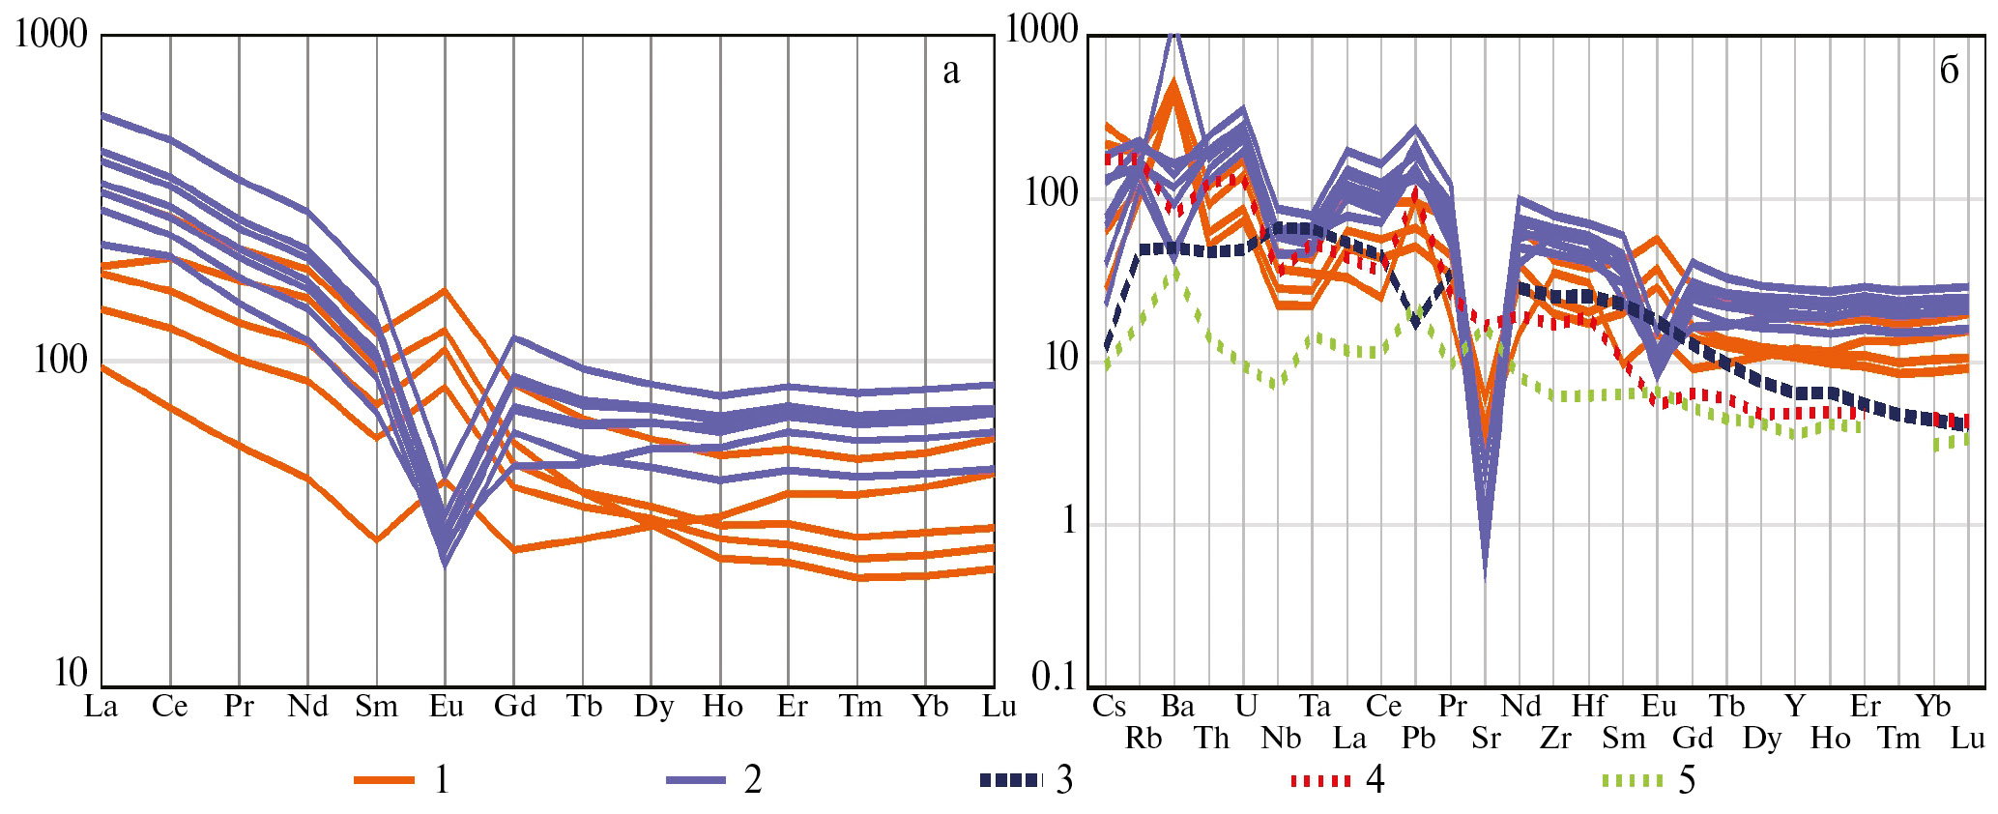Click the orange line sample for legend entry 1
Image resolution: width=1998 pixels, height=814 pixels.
click(384, 779)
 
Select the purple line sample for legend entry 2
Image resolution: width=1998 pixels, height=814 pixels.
click(696, 779)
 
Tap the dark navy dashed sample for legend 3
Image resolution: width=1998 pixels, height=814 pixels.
click(1010, 779)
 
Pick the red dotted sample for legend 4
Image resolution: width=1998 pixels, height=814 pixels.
click(1320, 779)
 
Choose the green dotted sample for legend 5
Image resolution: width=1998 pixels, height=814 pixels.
click(1633, 779)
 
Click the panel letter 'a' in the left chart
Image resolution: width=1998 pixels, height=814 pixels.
click(951, 71)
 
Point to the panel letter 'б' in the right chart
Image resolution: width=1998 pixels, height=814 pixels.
click(1949, 70)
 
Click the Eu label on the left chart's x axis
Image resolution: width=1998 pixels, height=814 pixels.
click(447, 707)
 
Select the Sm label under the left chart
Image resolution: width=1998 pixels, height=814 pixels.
click(376, 707)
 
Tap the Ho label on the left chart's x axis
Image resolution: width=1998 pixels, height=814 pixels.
click(722, 707)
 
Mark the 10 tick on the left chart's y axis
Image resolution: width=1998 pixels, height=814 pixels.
click(71, 673)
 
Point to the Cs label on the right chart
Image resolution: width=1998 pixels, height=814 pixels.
click(1109, 706)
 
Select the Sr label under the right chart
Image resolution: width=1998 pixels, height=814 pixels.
click(1486, 739)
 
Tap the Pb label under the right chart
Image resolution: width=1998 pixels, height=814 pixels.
click(1418, 739)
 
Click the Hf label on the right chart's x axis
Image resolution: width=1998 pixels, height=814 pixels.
click(1588, 706)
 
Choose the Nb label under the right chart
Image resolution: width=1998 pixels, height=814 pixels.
click(1281, 739)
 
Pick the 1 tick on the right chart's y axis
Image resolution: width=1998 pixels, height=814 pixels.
click(1068, 521)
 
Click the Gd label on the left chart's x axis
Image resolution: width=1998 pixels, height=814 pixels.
click(514, 707)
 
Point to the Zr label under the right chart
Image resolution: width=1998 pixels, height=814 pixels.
click(1555, 739)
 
